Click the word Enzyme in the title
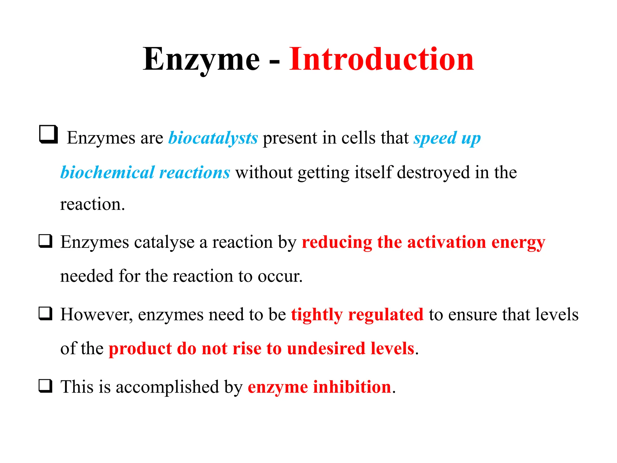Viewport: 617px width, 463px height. [201, 59]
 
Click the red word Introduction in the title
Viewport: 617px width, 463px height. [381, 59]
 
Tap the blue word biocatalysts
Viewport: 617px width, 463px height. [213, 138]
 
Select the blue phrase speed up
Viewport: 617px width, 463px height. [447, 138]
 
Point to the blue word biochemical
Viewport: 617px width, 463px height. [108, 172]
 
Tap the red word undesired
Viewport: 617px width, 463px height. [326, 348]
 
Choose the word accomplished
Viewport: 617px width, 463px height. [168, 387]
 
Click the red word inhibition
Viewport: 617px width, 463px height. [352, 387]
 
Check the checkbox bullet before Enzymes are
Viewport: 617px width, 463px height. [49, 134]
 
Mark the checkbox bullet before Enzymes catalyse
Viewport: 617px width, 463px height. [45, 241]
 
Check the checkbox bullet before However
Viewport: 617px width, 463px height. [45, 313]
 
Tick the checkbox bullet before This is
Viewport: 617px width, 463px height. [45, 386]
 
